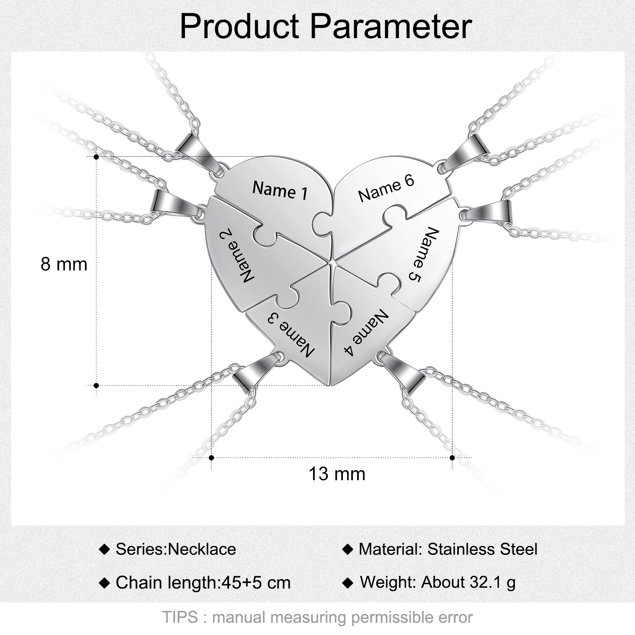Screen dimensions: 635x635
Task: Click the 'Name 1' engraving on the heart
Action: coord(280,190)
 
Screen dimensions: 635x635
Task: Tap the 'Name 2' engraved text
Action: coord(237,257)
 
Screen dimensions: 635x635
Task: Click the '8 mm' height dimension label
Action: coord(64,264)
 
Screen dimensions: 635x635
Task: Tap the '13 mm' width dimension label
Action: coord(337,474)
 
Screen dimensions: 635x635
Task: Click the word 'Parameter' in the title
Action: coord(391,26)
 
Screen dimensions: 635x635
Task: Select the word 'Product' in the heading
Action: coord(239,26)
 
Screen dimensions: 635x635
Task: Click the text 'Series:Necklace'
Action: coord(176,549)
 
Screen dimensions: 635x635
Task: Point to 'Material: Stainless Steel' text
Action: coord(448,549)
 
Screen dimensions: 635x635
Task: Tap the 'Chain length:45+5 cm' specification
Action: coord(203,583)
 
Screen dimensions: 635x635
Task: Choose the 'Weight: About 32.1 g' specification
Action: coord(438,582)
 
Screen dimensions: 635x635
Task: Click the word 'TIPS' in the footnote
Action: coord(180,618)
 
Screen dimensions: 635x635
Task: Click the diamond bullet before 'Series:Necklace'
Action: coord(104,550)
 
